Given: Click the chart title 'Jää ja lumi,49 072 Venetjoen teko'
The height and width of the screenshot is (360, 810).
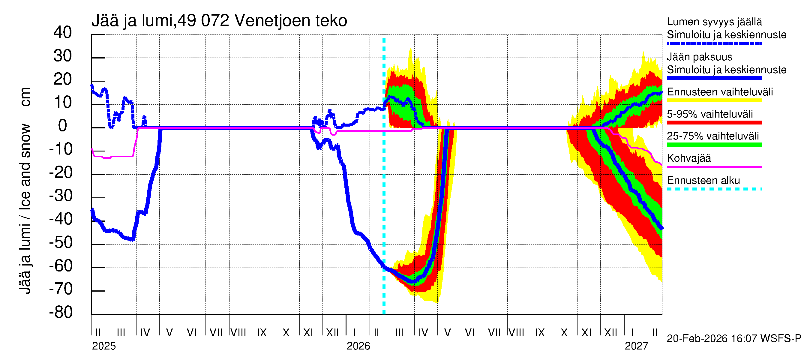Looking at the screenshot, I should tap(219, 21).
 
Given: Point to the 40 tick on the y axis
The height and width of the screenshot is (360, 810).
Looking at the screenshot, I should tap(63, 32).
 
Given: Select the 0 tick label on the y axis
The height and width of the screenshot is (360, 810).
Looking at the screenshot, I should tap(63, 126).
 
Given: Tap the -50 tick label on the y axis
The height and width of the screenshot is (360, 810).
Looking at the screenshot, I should tap(61, 242).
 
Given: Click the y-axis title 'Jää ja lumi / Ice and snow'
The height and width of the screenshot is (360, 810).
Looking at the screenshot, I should tap(25, 209).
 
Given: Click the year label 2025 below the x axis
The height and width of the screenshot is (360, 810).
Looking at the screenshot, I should tap(104, 346).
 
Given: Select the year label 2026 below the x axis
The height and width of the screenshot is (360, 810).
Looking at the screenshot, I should tap(358, 346).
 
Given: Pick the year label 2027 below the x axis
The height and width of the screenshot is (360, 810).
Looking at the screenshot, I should tap(636, 346).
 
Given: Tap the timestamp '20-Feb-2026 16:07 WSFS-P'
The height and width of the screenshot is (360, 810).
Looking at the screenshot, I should tap(734, 339).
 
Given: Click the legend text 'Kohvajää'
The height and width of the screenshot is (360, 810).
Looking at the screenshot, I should tap(688, 158).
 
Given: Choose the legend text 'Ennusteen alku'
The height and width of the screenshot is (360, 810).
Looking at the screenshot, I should tap(703, 181).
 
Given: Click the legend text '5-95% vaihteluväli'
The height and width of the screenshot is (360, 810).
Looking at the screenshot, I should tap(710, 114).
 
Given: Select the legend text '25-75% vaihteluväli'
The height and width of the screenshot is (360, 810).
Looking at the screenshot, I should tap(712, 136).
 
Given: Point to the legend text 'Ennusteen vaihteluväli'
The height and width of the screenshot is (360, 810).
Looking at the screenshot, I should tap(720, 92).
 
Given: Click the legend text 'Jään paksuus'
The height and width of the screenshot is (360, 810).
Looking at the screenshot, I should tap(699, 57).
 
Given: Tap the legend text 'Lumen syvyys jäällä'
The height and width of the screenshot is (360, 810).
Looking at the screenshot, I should tap(714, 22).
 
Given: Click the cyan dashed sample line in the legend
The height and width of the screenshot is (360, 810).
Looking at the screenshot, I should tap(714, 189).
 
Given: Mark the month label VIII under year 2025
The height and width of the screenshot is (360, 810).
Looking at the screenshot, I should tap(238, 332).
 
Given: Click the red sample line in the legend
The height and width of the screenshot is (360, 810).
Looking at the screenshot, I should tap(714, 123).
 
